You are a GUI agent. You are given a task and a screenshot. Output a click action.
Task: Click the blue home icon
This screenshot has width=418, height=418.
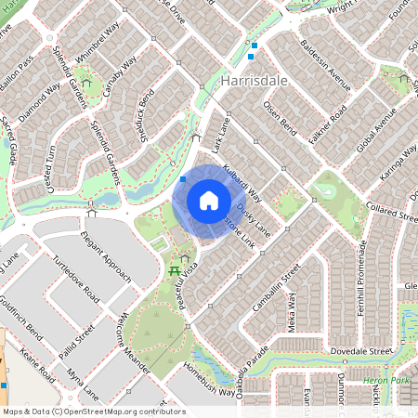(x=208, y=201)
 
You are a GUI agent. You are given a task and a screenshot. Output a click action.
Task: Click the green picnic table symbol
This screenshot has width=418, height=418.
(x=174, y=270)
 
